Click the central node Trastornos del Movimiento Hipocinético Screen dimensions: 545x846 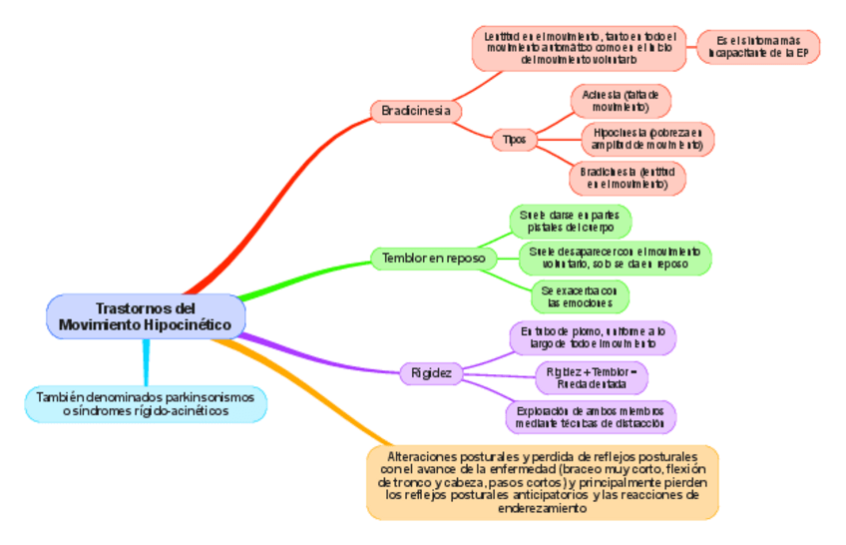tap(146, 315)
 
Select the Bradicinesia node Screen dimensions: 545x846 tap(415, 111)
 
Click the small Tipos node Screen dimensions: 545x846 tap(515, 139)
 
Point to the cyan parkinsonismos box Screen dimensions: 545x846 tap(146, 403)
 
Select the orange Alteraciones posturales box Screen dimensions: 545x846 tap(542, 481)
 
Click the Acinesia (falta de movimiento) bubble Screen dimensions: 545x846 tap(620, 100)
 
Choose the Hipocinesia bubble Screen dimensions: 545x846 tap(646, 139)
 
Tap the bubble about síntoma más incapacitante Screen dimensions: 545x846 tap(757, 47)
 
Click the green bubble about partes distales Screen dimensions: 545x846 tap(570, 221)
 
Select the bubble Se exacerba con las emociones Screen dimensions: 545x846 tap(579, 296)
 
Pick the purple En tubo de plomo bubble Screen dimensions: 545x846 tap(593, 337)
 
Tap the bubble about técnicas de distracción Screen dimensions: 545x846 tap(592, 416)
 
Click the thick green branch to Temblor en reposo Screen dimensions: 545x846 tap(299, 279)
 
